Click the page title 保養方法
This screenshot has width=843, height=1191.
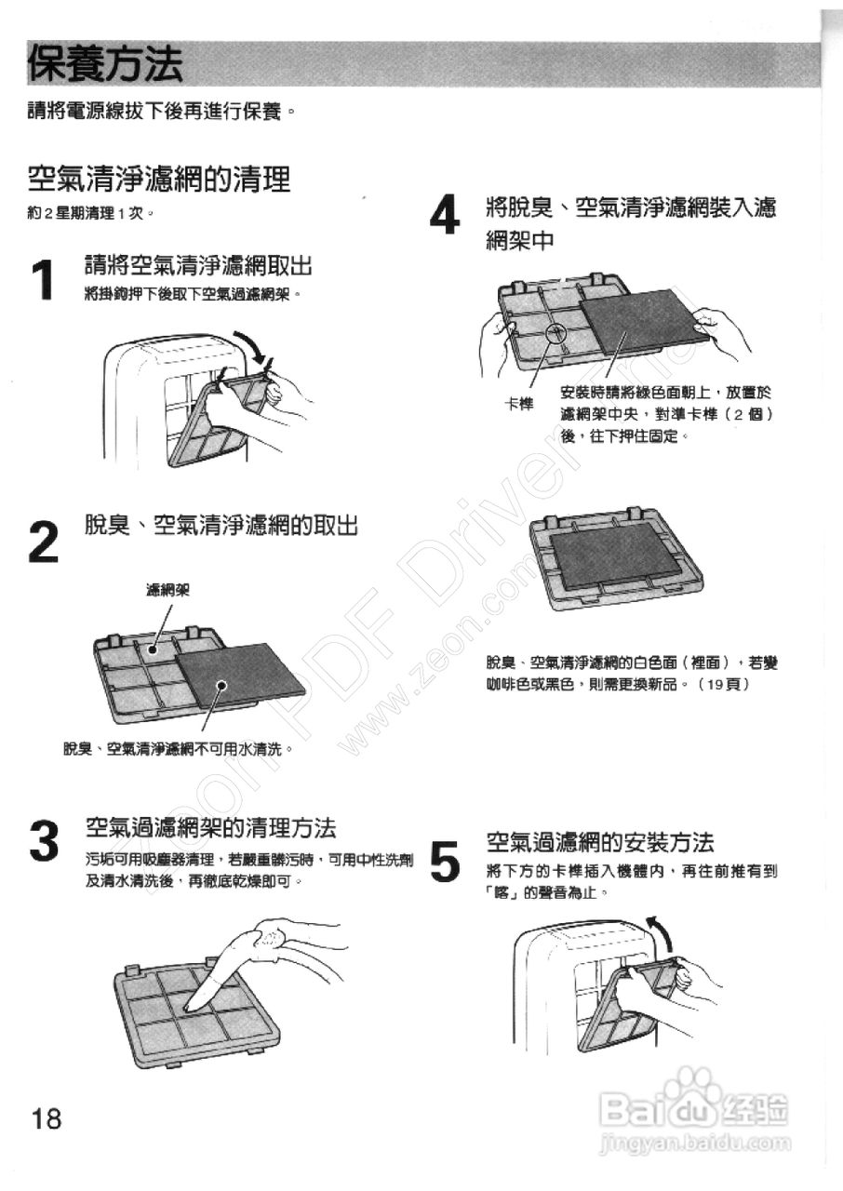[x=105, y=64]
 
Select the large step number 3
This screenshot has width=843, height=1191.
[x=44, y=841]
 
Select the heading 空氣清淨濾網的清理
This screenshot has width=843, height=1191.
[x=159, y=177]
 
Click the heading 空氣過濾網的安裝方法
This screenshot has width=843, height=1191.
[x=600, y=843]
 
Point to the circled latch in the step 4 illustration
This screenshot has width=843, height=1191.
[x=556, y=333]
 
